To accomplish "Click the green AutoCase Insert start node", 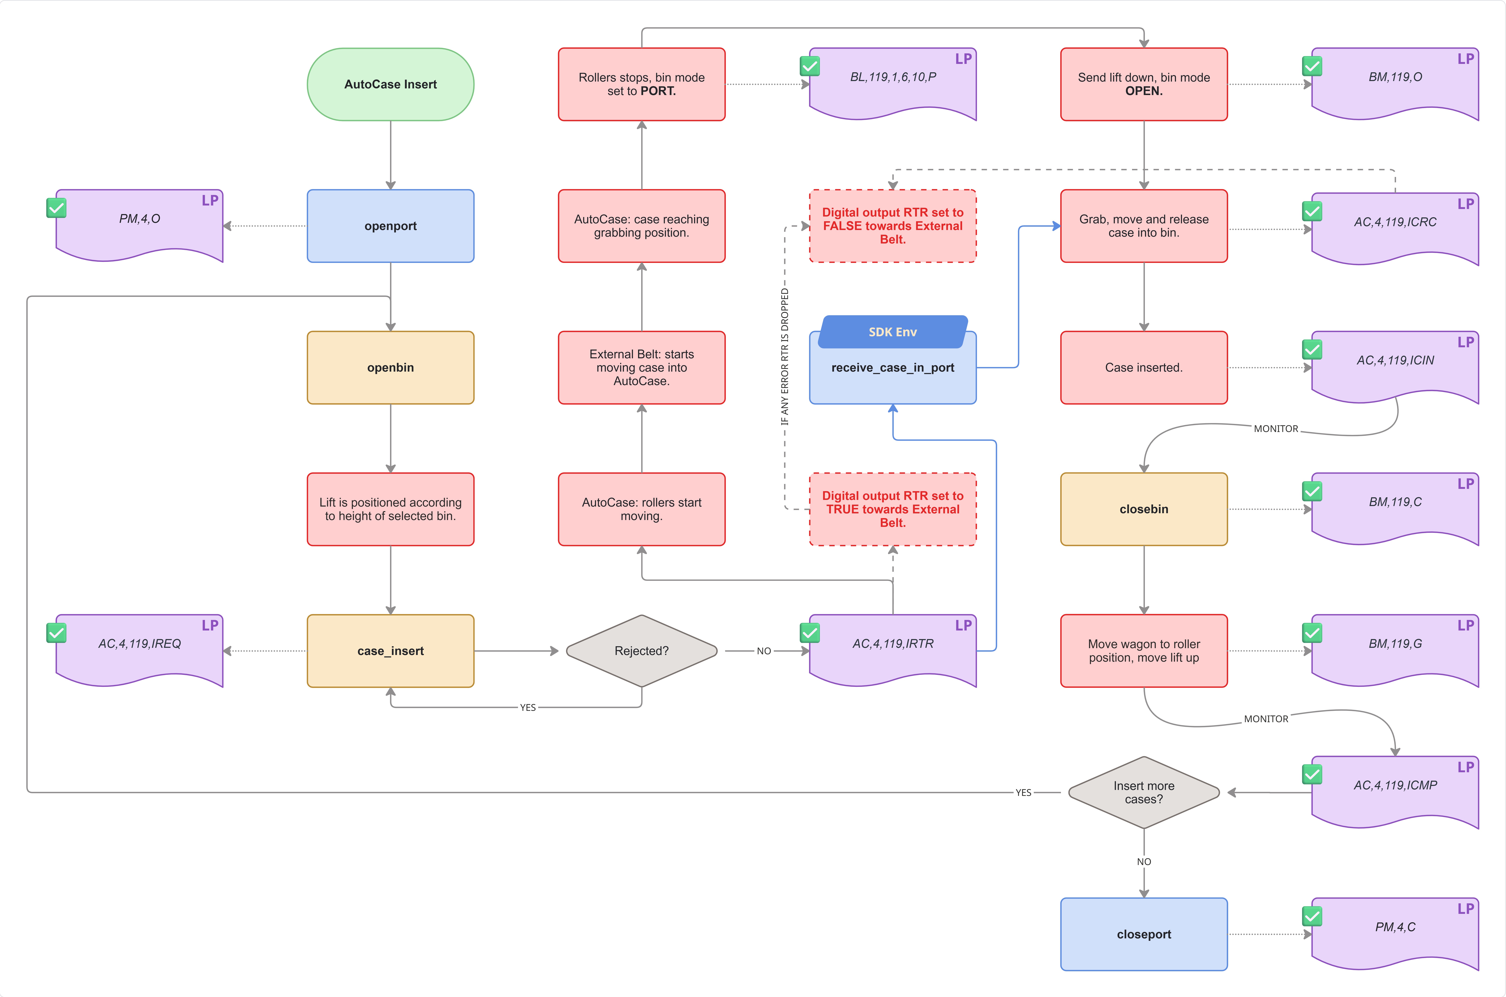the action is (390, 84).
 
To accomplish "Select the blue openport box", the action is (390, 226).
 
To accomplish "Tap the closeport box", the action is (1143, 934).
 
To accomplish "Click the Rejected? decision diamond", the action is (642, 650).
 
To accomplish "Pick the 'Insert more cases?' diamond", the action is (1143, 792).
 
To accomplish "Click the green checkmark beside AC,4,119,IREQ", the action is (57, 633).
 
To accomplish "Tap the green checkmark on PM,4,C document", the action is (1312, 916).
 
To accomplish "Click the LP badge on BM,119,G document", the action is (1465, 625).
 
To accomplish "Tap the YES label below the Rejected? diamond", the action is (528, 707).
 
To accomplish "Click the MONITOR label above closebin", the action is (1276, 428).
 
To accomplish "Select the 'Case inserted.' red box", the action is (1143, 368).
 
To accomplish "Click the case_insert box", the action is (390, 650).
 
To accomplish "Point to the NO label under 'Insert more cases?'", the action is (1143, 862).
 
